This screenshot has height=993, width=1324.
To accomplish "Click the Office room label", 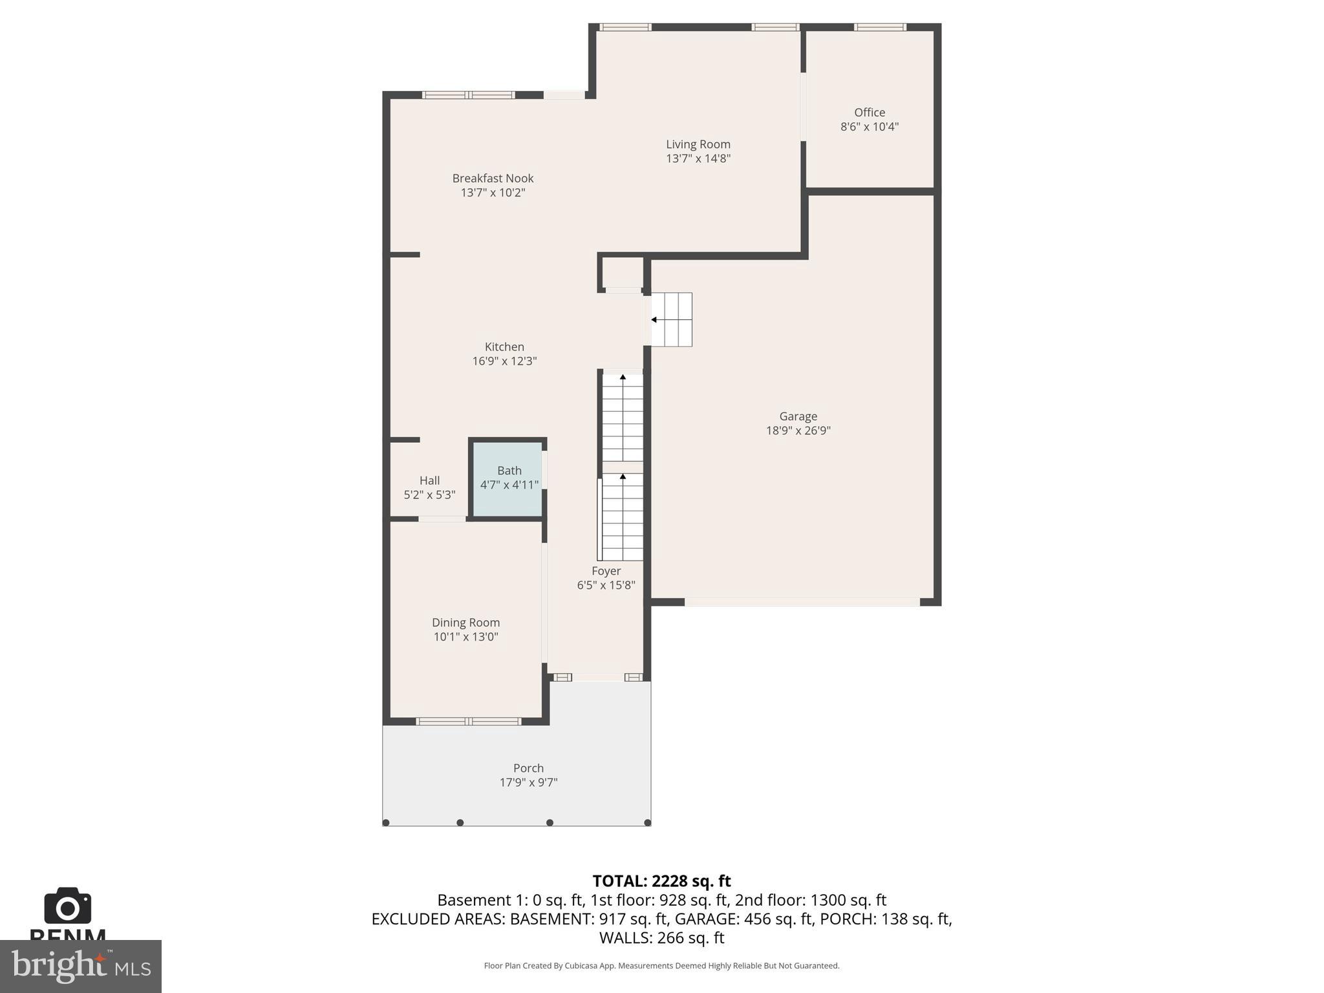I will click(x=869, y=112).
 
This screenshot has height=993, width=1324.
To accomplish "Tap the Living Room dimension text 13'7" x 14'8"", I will click(x=698, y=158).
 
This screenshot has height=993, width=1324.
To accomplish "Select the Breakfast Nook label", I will click(x=493, y=178).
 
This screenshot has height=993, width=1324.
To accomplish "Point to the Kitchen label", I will click(x=504, y=347).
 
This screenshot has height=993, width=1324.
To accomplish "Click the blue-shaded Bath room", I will click(x=509, y=478).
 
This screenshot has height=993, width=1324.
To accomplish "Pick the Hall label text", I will click(x=429, y=480).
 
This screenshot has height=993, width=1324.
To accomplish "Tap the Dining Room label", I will click(x=465, y=623).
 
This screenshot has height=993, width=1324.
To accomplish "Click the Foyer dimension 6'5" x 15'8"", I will click(x=606, y=585).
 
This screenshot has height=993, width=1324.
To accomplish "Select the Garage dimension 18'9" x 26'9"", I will click(x=798, y=431).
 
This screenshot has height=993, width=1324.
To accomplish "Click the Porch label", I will click(x=528, y=768).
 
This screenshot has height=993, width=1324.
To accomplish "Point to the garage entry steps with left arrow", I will click(x=671, y=319).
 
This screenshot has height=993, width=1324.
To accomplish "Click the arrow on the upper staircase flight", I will click(x=623, y=378).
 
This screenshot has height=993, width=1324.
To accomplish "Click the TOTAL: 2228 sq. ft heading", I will click(x=661, y=881).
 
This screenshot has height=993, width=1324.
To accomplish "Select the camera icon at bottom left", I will click(x=67, y=906).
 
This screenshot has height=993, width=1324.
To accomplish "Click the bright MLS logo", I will click(x=80, y=966).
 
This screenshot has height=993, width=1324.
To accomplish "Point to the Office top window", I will click(x=879, y=27).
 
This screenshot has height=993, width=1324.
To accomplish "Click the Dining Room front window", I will click(x=468, y=721).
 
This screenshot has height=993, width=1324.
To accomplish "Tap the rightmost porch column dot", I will click(x=647, y=822).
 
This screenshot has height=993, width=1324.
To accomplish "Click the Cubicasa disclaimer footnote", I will click(x=661, y=966).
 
